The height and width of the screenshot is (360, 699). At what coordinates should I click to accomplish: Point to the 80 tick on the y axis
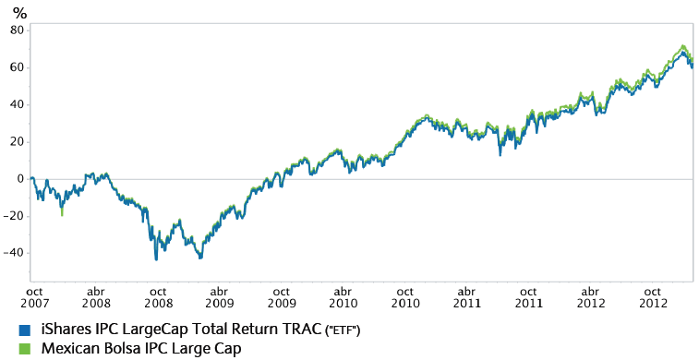16,30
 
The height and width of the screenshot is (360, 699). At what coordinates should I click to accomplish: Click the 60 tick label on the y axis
16,66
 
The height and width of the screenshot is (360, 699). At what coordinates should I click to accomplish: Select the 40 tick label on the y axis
16,103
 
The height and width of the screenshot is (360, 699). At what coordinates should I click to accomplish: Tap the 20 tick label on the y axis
16,141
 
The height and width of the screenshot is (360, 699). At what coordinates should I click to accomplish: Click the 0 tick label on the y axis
19,178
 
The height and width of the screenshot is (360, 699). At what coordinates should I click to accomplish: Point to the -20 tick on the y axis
13,216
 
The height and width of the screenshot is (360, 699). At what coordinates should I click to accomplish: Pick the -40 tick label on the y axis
13,253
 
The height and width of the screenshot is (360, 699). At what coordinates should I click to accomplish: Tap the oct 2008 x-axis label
158,295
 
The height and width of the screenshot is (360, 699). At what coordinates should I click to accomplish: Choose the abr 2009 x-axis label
219,295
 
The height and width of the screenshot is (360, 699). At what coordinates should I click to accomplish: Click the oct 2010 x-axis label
405,295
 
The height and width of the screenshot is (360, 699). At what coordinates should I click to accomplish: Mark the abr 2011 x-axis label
468,295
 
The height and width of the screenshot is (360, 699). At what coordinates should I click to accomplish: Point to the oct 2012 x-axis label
654,295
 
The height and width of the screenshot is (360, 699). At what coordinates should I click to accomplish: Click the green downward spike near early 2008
62,211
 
